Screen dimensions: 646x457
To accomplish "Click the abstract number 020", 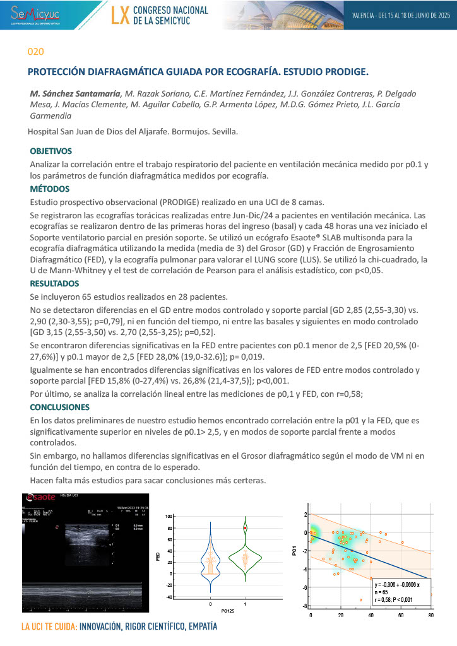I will tap(36, 51).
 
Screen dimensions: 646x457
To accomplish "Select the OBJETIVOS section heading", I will tap(51, 151).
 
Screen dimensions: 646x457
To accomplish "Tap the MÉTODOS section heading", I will tap(49, 189).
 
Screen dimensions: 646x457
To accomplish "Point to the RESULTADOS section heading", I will tap(54, 283).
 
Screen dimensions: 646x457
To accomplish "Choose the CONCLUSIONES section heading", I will tap(60, 407).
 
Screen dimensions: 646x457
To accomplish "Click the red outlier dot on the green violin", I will tap(246, 527).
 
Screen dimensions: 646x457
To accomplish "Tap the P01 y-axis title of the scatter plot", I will tap(295, 551).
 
